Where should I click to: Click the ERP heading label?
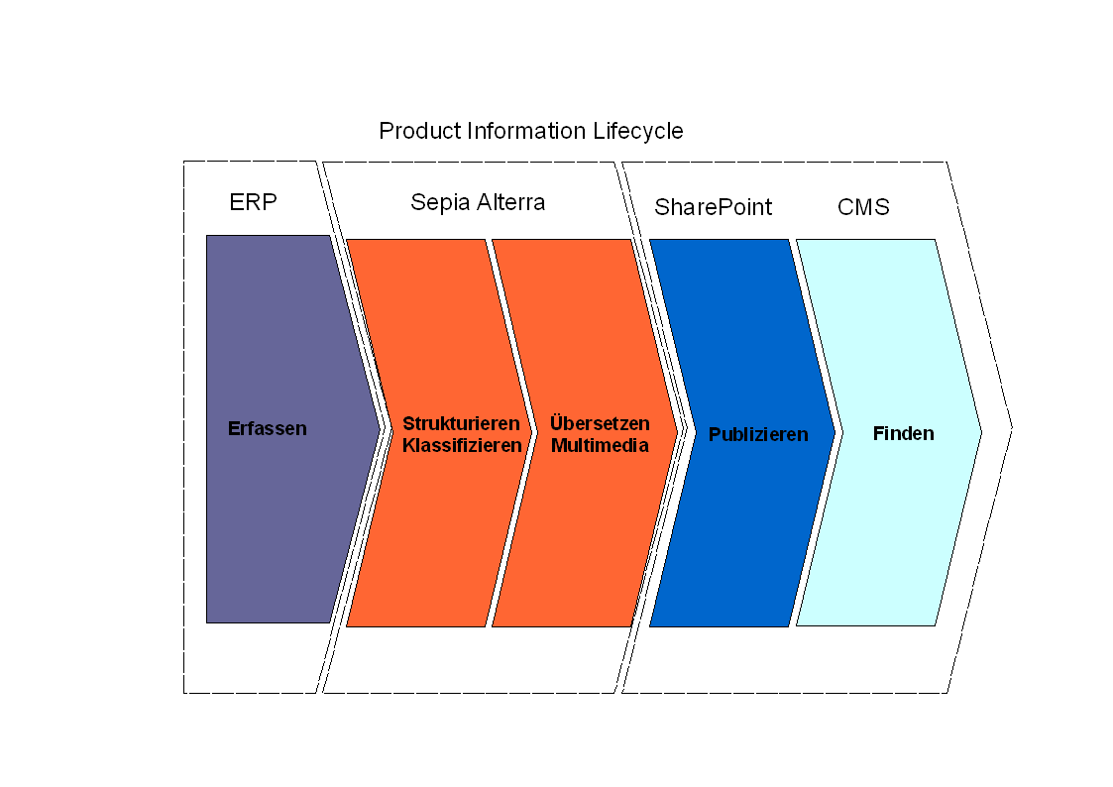point(253,203)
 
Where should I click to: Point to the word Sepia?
point(441,203)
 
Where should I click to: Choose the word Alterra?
point(510,202)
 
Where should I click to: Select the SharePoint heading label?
point(713,207)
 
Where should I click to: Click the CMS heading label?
point(863,207)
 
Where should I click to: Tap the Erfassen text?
point(268,429)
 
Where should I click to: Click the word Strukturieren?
point(461,424)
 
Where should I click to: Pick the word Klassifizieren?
point(462,446)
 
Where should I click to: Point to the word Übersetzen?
point(600,424)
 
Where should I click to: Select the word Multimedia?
point(600,446)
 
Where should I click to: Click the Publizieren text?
point(758,435)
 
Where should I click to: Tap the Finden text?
point(903,433)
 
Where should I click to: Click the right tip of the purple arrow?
point(381,428)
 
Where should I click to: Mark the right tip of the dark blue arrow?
point(835,432)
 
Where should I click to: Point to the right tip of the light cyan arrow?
point(981,432)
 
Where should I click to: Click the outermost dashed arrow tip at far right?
point(1012,428)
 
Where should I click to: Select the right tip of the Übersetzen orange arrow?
point(678,432)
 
